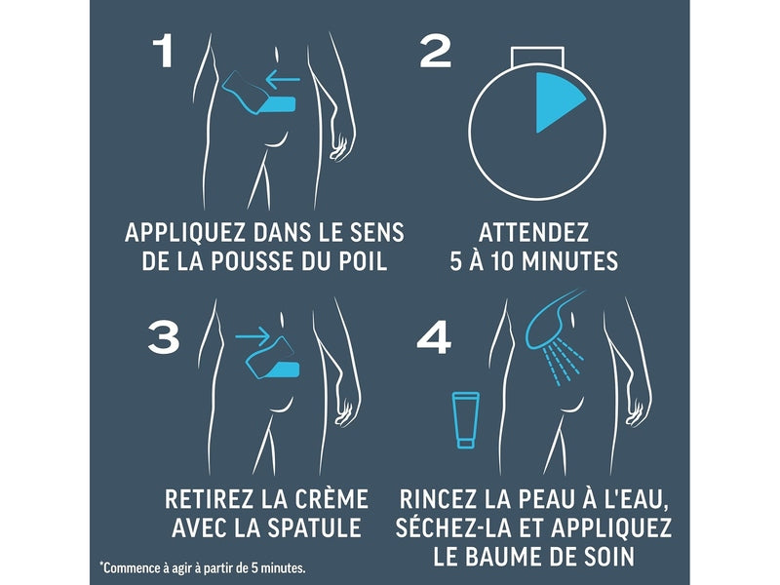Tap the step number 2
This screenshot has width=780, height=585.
435,51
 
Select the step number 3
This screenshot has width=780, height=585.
163,336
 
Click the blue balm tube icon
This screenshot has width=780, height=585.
465,419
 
